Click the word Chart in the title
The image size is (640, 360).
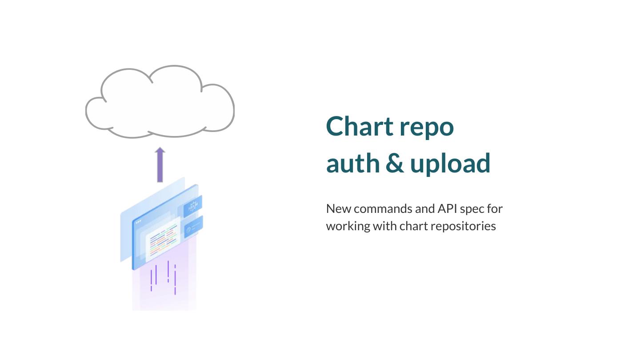point(360,126)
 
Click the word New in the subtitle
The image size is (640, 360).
point(338,208)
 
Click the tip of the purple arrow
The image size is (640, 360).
point(160,148)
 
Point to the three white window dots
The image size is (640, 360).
point(138,221)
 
